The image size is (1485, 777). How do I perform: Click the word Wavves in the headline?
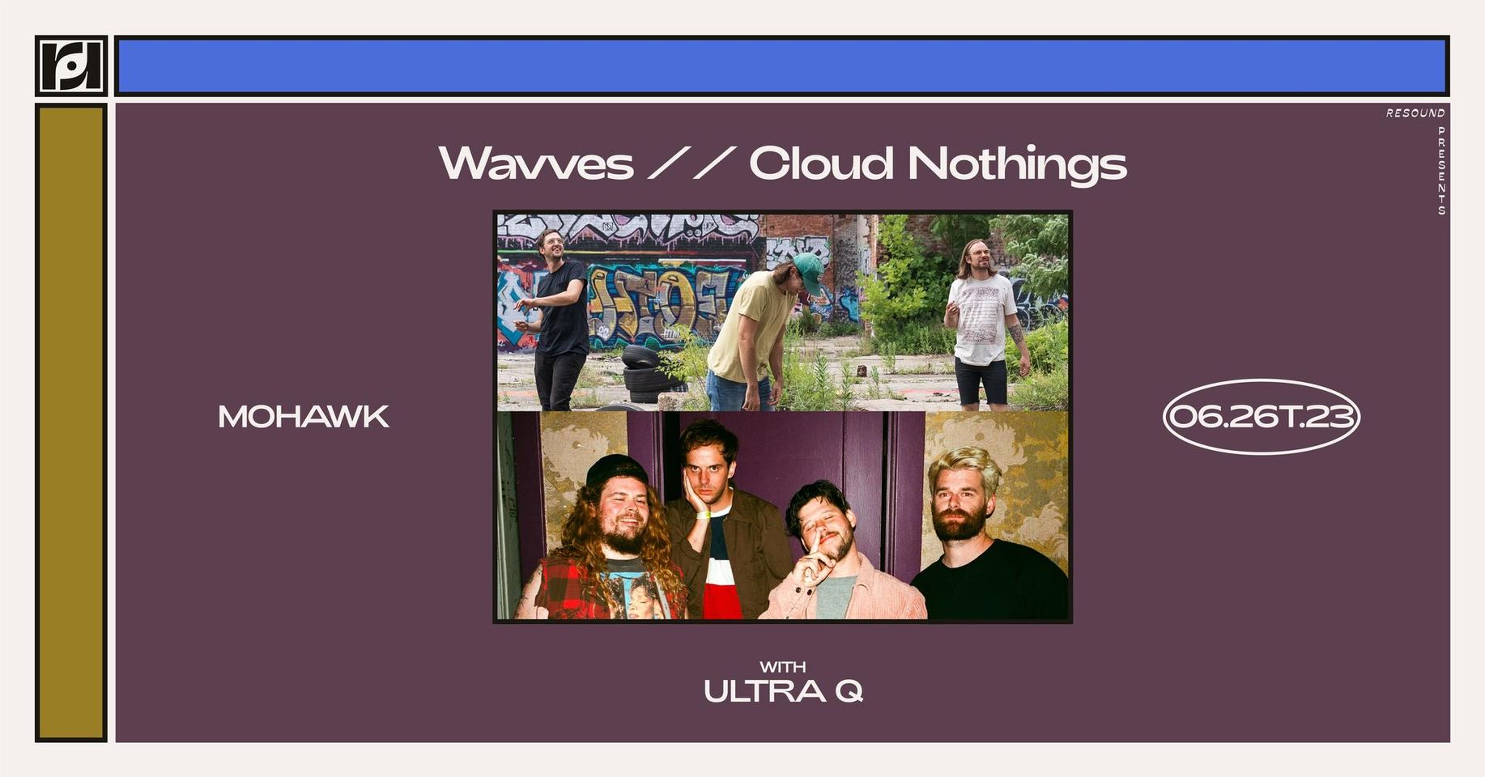(535, 163)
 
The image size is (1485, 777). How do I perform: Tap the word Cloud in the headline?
(820, 163)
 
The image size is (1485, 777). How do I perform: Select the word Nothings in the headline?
(1017, 165)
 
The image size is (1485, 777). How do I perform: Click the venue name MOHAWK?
(304, 417)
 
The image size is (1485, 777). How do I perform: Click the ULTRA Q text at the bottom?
(783, 691)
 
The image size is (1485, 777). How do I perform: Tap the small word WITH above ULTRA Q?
(782, 667)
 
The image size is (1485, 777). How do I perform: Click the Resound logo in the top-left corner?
(71, 66)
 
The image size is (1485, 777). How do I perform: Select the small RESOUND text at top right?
(1415, 113)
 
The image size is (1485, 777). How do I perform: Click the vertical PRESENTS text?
(1441, 170)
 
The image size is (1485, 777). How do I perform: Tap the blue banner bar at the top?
(782, 66)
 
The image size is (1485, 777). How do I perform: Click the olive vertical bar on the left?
(71, 422)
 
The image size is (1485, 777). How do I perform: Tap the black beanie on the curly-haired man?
(615, 470)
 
